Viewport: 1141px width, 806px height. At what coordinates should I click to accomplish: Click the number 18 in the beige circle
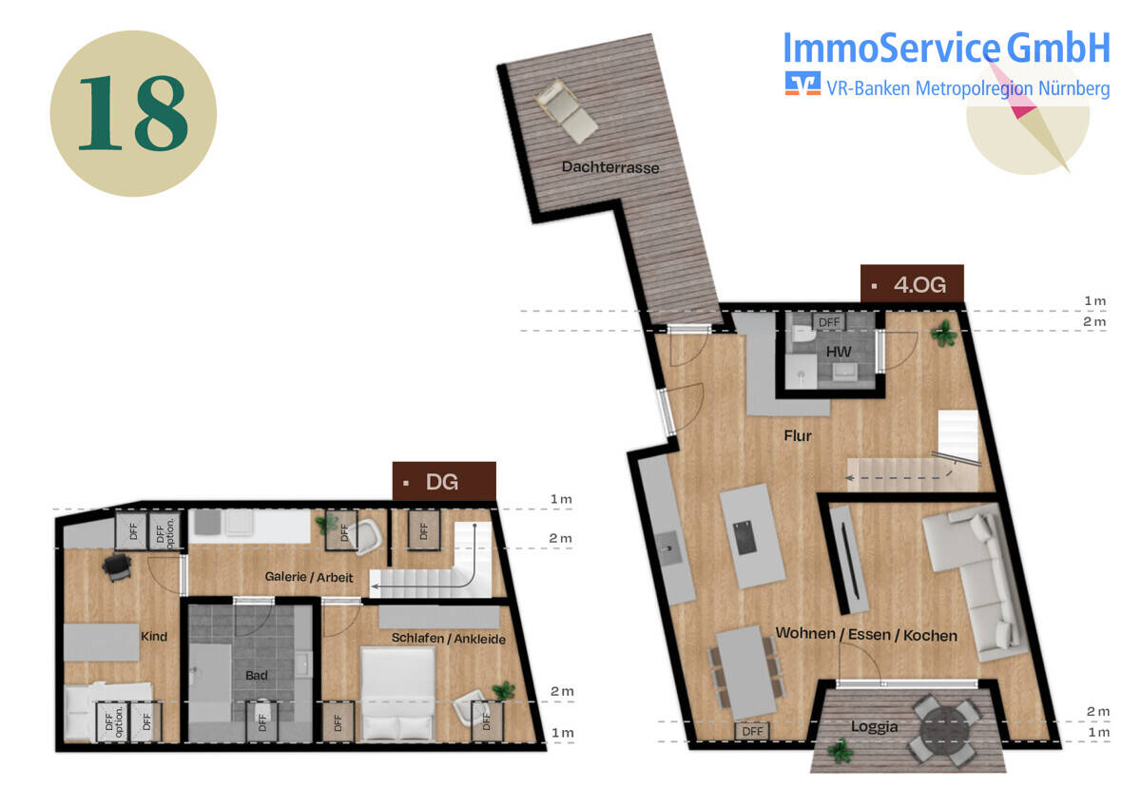(133, 113)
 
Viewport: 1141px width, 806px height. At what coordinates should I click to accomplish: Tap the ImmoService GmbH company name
(946, 48)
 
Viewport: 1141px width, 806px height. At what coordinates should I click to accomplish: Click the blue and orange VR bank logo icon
(803, 84)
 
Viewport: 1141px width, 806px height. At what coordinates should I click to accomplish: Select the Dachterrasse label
(610, 167)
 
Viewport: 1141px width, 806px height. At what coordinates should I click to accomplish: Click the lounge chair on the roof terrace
(566, 111)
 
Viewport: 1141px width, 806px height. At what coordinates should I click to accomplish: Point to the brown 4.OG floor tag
(912, 283)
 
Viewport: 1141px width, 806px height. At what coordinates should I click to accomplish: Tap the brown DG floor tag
(444, 481)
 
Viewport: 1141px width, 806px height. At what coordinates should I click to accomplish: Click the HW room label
(839, 352)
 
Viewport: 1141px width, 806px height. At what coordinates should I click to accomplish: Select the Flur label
(798, 436)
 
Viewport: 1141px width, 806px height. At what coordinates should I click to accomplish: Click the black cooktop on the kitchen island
(745, 538)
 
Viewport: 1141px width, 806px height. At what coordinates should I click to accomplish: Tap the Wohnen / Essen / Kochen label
(866, 634)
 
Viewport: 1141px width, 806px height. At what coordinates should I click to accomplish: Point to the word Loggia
(874, 726)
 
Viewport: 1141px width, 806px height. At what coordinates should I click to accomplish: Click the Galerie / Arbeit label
(309, 577)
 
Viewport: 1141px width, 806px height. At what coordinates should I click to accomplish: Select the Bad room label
(256, 675)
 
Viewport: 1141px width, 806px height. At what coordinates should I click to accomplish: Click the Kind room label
(154, 637)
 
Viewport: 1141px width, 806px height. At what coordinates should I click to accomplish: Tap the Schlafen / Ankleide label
(448, 639)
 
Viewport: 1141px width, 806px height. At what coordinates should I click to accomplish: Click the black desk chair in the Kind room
(117, 566)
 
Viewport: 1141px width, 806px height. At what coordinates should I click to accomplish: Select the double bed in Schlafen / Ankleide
(397, 694)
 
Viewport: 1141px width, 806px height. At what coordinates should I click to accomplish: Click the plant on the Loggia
(840, 751)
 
